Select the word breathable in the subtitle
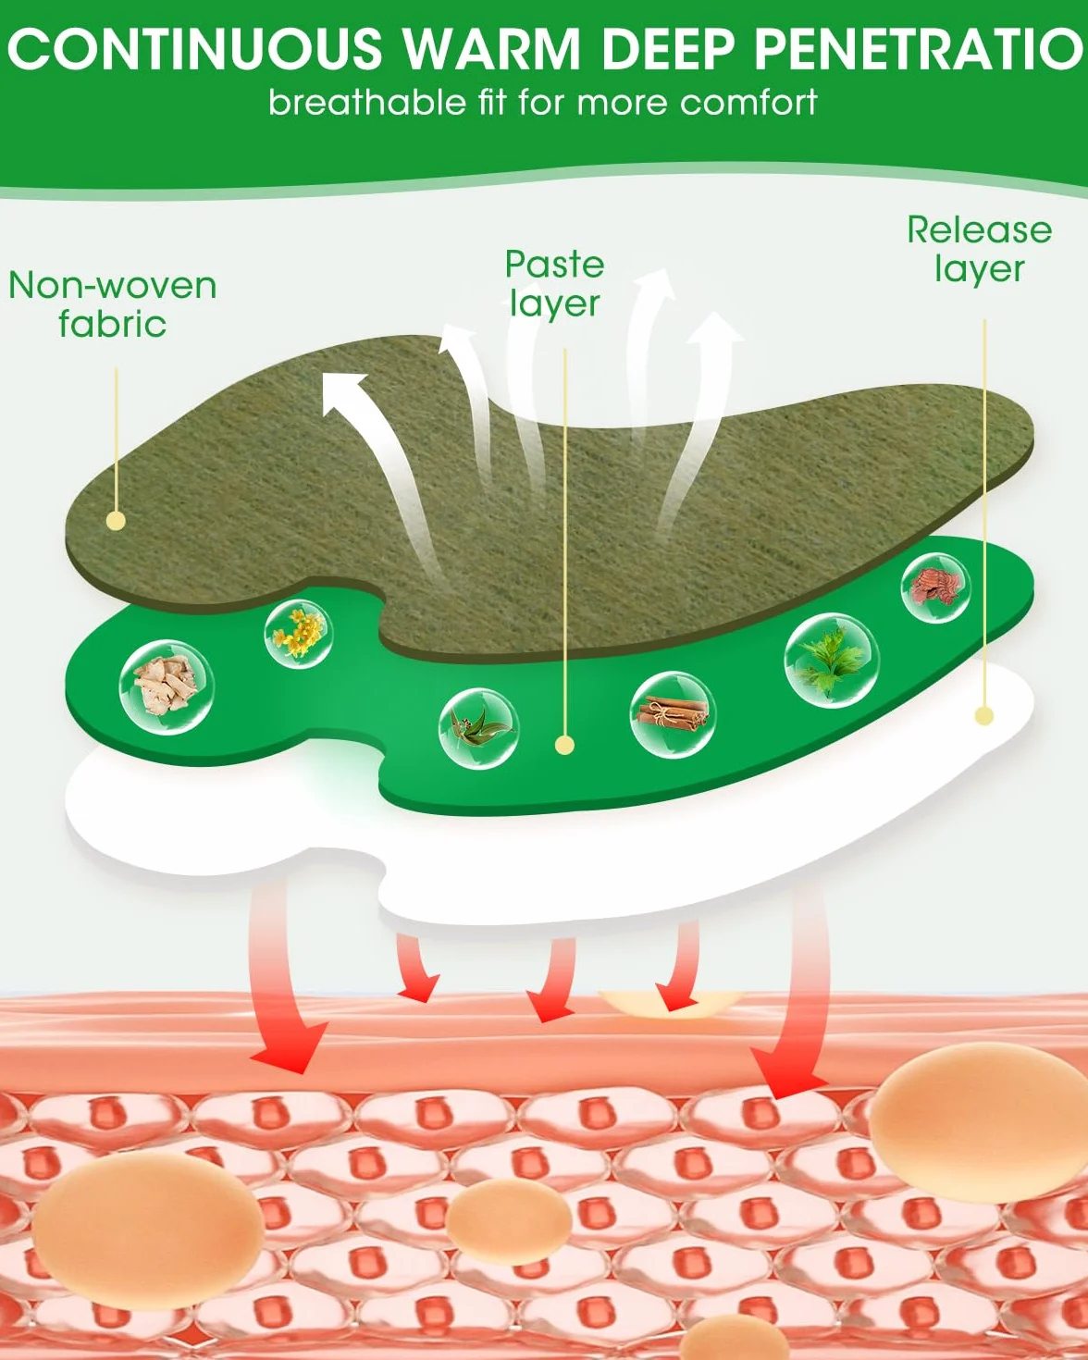366,102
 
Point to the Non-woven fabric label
113,304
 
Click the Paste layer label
554,284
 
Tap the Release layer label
979,249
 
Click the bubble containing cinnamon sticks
673,715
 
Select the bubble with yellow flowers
299,634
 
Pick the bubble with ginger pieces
167,687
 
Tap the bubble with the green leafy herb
832,660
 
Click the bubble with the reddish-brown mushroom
935,587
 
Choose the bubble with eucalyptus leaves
478,728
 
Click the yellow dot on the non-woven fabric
117,520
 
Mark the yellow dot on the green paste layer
565,745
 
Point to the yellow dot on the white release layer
984,715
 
